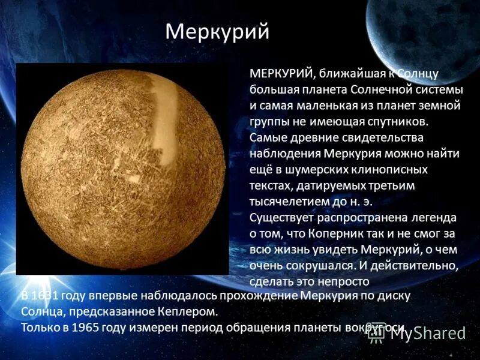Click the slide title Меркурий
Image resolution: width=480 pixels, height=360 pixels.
coord(217,32)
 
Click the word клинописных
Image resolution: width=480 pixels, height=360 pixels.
coord(389,170)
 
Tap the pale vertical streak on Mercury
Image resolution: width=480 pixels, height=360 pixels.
coord(164,114)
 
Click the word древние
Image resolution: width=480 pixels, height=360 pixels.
coord(317,138)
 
